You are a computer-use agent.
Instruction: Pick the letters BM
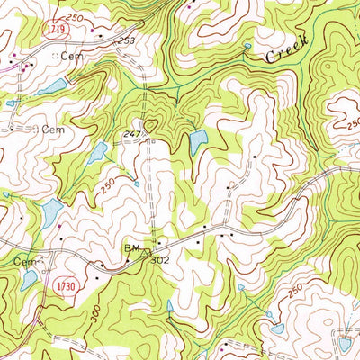130,244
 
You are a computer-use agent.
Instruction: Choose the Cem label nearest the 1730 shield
22,260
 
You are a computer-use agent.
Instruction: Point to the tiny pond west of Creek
247,46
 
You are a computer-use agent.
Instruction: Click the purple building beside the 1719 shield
27,66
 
